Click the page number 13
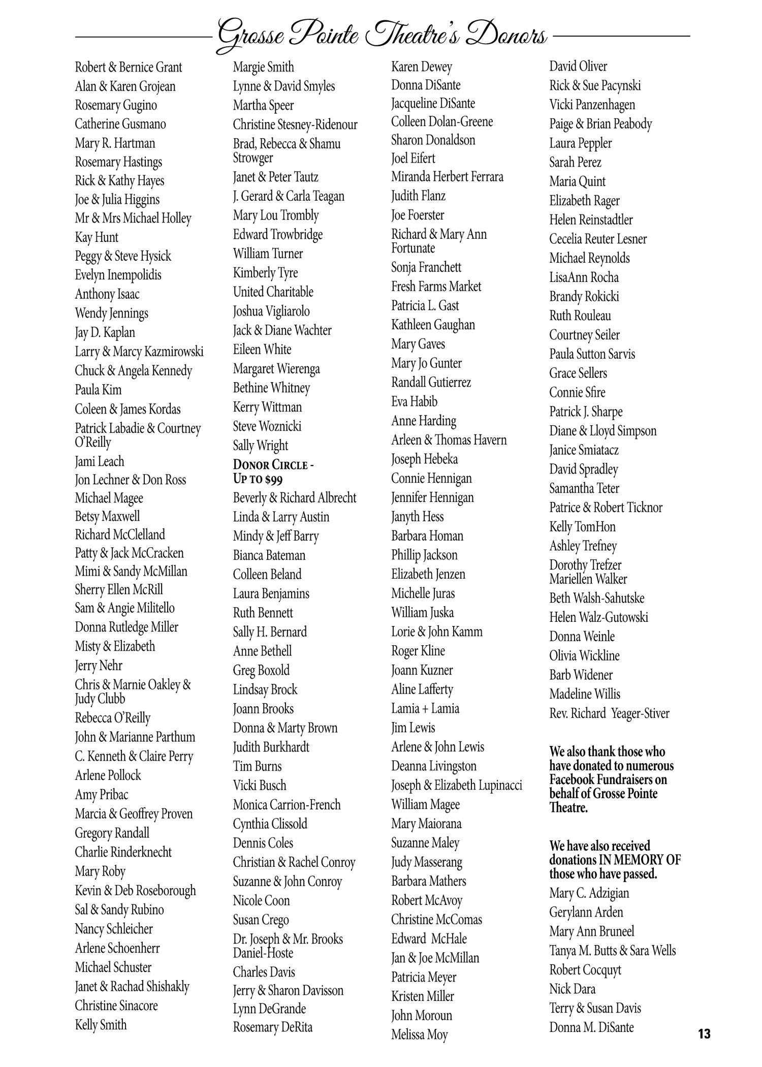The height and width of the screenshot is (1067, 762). [704, 1033]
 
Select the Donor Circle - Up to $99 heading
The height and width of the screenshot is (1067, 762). [273, 472]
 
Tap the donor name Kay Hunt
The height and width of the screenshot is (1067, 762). [97, 237]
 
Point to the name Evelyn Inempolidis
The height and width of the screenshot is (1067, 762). [118, 275]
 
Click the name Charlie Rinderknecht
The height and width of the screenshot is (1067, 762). [123, 852]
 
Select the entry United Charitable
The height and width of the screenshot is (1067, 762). [273, 292]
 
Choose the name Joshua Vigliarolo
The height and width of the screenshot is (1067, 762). [271, 311]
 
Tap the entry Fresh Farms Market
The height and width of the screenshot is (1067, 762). [436, 287]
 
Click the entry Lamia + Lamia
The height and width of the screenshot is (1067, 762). [425, 708]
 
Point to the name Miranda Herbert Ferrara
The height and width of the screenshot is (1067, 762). [447, 177]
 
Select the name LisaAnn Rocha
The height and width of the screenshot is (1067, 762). [584, 277]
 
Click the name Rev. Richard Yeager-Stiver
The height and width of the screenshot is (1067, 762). [609, 713]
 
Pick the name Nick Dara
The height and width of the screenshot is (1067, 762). [572, 989]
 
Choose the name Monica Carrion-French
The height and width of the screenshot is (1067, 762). [287, 805]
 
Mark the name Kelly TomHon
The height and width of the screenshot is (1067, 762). [582, 526]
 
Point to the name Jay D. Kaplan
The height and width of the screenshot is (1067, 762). [105, 333]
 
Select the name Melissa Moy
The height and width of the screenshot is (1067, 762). [420, 1034]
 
